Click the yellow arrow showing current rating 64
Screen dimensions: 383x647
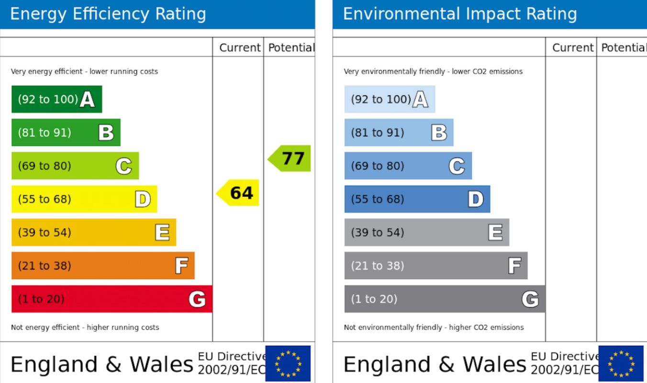coord(239,192)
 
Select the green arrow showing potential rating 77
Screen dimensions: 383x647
coord(290,158)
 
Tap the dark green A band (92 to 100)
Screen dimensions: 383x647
coord(56,99)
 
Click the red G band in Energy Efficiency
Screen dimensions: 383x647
coord(112,299)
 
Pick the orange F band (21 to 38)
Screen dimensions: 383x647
coord(103,266)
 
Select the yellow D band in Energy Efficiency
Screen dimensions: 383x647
coord(84,199)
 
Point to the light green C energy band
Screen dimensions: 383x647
coord(75,166)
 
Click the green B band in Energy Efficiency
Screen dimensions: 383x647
coord(66,133)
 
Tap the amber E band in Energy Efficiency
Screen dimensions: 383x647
coord(94,232)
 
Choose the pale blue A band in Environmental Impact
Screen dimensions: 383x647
coord(390,99)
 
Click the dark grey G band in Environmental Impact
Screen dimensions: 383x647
coord(445,299)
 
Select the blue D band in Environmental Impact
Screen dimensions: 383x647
coord(417,199)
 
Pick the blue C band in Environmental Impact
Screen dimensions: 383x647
coord(408,166)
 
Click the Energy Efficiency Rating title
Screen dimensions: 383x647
coord(108,14)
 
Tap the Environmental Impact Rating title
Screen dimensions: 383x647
coord(460,14)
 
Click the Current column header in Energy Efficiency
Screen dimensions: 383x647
coord(240,47)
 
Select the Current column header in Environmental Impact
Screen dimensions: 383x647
coord(573,47)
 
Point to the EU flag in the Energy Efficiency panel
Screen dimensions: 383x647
coord(288,364)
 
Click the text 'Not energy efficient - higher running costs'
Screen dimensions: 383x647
coord(85,327)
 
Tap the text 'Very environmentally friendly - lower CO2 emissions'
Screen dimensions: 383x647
coord(433,71)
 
